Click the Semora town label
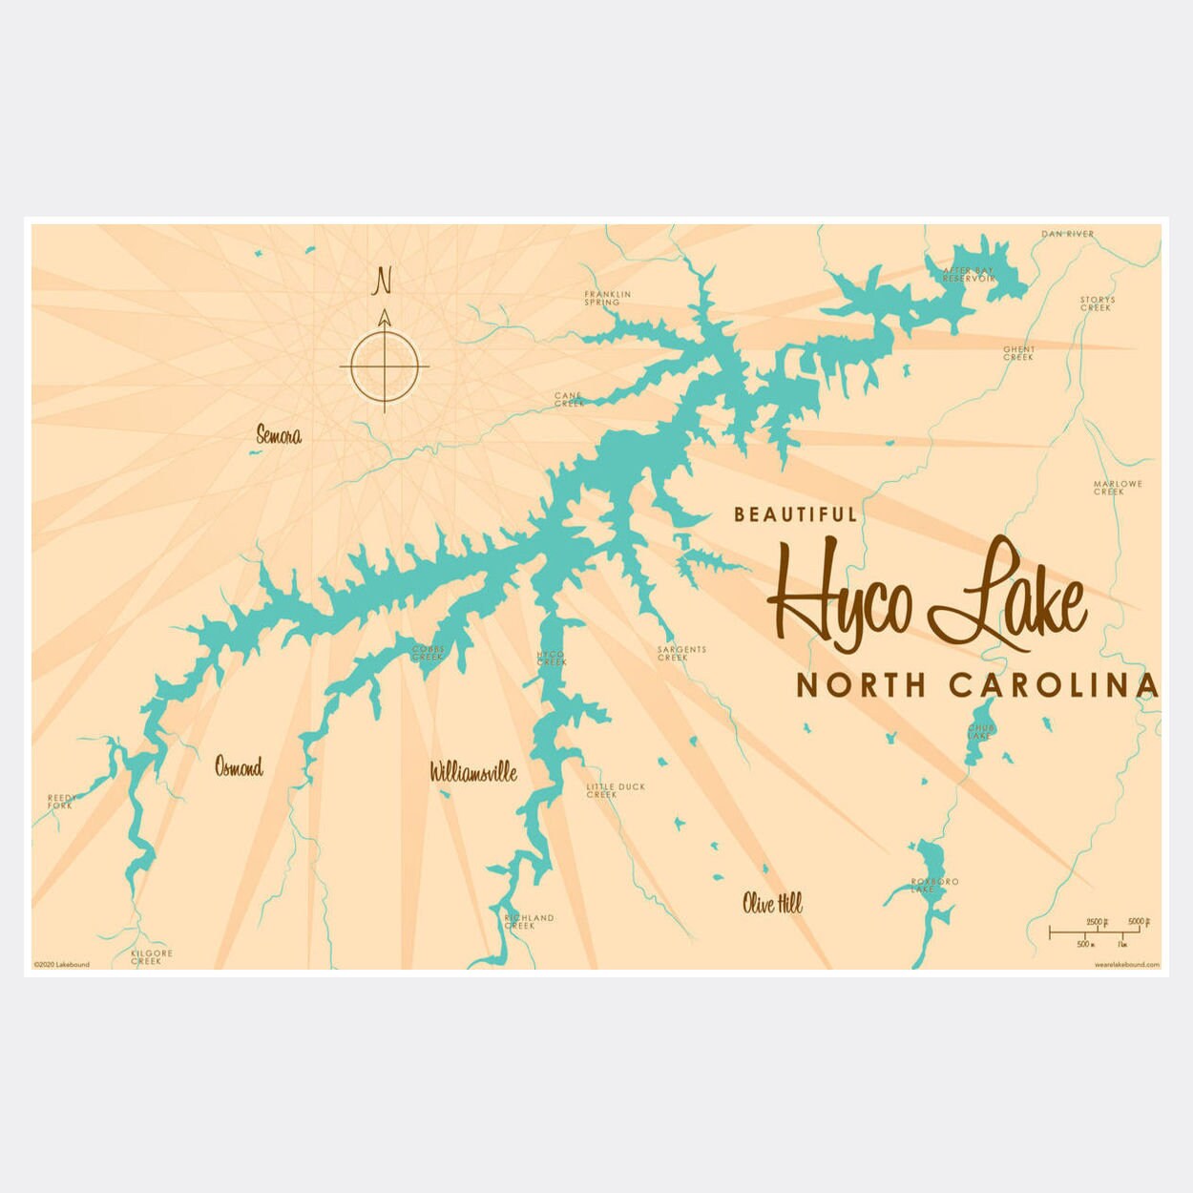[x=279, y=436]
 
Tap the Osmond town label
[x=239, y=767]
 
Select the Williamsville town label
[x=473, y=772]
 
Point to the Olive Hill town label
[x=772, y=903]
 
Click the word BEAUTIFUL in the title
[x=795, y=515]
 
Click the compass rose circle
[x=384, y=366]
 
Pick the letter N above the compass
[x=383, y=281]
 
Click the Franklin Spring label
[x=608, y=299]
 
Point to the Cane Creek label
[x=569, y=400]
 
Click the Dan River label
[x=1067, y=234]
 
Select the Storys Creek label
[x=1097, y=303]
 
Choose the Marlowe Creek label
[x=1117, y=488]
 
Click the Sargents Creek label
[x=681, y=654]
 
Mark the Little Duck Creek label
[x=616, y=790]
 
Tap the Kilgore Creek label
[x=152, y=956]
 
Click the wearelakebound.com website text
[x=1126, y=965]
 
